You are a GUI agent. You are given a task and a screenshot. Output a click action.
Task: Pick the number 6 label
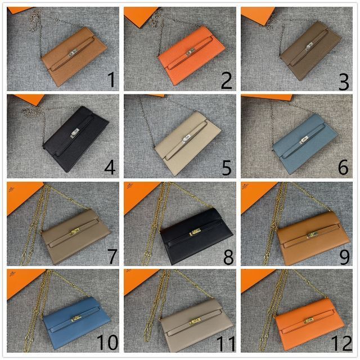(344, 168)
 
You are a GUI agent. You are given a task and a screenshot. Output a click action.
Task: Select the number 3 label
(343, 80)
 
